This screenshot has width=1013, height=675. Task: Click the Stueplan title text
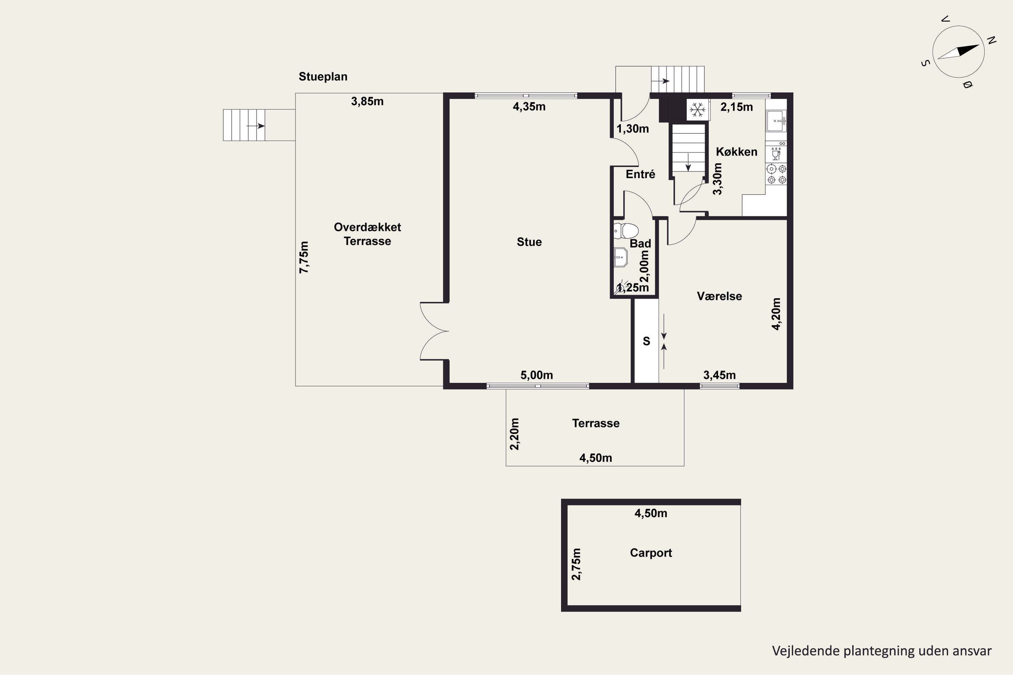point(323,77)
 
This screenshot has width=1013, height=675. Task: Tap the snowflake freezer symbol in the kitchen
point(697,109)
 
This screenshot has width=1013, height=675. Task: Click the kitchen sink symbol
point(776,121)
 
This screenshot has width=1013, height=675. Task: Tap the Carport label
point(651,553)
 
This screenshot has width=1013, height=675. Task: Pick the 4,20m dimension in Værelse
point(776,314)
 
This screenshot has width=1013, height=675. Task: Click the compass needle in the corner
point(958,52)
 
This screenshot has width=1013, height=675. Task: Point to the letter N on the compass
point(991,40)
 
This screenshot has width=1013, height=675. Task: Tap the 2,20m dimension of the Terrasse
point(515,434)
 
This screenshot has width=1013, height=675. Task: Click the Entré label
point(641,174)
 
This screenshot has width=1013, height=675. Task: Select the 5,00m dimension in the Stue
point(537,375)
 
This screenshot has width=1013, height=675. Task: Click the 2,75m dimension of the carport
point(576,564)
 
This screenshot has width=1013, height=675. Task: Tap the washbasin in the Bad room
point(621,258)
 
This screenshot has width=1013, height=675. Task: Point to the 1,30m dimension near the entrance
point(633,129)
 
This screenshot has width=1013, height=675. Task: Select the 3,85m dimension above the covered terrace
point(367,102)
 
